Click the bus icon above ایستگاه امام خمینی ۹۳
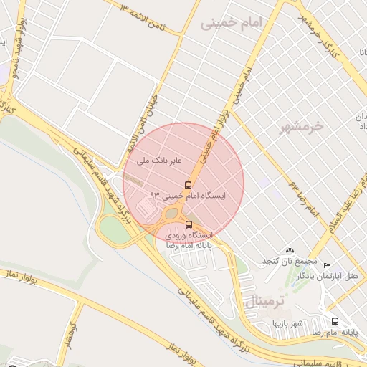189,184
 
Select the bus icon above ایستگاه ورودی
189,224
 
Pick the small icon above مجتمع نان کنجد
289,250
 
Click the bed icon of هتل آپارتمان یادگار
328,266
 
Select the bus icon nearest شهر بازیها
335,321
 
